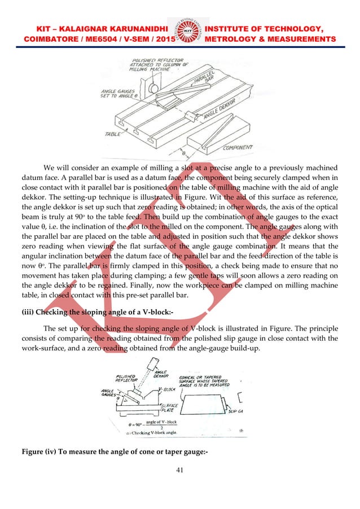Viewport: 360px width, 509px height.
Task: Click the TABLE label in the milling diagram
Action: tap(113, 134)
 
